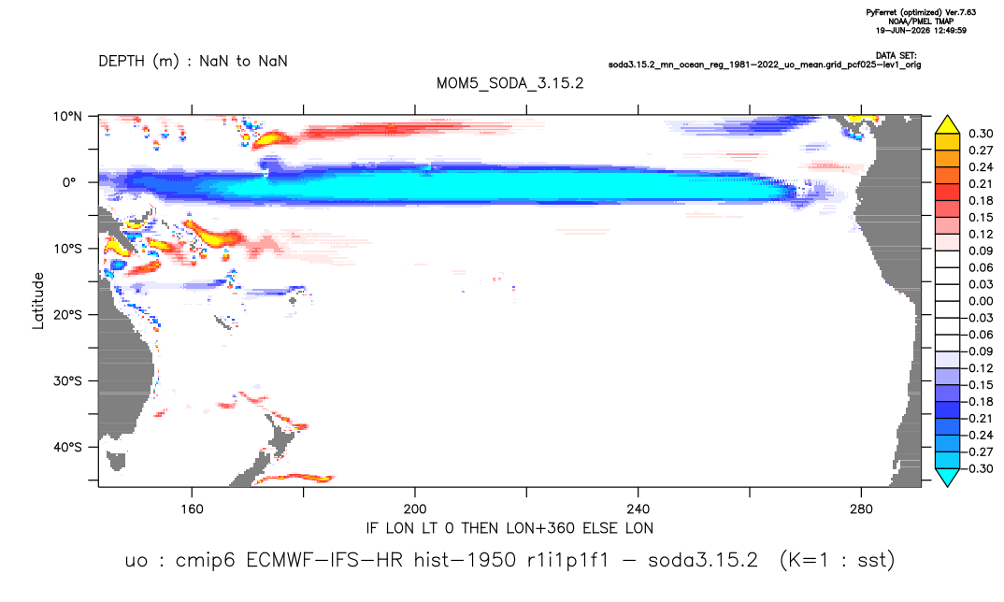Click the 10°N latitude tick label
point(67,116)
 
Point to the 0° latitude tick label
point(68,182)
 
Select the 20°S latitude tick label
point(67,314)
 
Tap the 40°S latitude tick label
point(67,447)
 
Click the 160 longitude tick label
point(192,509)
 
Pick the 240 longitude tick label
point(638,509)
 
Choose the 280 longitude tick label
point(861,509)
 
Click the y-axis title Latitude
point(38,300)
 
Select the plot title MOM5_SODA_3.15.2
point(510,84)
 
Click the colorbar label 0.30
point(981,134)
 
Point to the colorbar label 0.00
point(981,301)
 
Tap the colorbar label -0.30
point(978,468)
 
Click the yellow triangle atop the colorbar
point(947,125)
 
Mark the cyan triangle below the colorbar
point(947,477)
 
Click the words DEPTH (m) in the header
point(139,62)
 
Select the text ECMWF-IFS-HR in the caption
point(324,560)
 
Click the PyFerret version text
point(921,12)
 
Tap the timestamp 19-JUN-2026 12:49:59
point(921,30)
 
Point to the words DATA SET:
point(896,56)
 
